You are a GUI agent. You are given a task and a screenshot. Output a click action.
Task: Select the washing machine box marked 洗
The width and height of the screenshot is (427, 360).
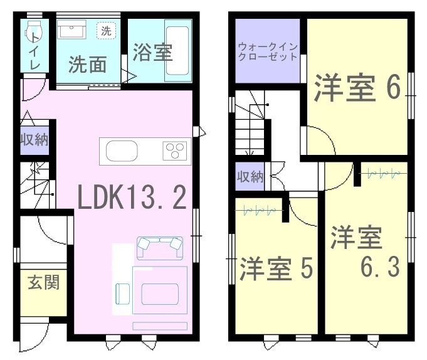[x=106, y=31]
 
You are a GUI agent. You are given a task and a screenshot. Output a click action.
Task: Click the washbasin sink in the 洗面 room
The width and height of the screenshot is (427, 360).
[x=71, y=29]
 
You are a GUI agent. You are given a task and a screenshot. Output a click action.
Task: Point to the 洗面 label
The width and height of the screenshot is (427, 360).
[x=87, y=64]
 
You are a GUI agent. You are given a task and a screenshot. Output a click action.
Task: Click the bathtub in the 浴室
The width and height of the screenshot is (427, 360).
[x=177, y=51]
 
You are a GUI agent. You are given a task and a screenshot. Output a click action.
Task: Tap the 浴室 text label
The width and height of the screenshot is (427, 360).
[x=152, y=52]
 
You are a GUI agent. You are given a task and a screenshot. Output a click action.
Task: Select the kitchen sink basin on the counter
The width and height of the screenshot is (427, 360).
[x=122, y=151]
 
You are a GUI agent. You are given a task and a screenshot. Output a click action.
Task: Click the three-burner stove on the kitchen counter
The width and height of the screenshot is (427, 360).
[x=175, y=151]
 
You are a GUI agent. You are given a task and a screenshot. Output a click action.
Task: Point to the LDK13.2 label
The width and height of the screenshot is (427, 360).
[x=132, y=197]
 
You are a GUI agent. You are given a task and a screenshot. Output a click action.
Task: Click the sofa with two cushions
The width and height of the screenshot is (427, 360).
[x=160, y=248]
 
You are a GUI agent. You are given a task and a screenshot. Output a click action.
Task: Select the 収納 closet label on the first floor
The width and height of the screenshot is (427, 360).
[x=34, y=140]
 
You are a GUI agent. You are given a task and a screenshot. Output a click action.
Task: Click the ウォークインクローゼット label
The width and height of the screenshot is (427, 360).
[x=267, y=51]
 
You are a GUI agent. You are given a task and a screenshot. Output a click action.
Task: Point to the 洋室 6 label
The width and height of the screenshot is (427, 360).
[x=357, y=87]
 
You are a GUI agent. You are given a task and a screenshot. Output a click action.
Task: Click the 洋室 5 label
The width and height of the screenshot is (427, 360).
[x=276, y=269]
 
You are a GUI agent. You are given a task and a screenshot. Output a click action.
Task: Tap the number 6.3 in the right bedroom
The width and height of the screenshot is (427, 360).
[x=380, y=267]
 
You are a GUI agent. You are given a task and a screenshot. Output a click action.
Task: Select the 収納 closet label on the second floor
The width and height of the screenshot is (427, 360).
[x=250, y=177]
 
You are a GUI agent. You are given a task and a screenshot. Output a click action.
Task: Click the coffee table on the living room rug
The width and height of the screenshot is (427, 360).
[x=160, y=294]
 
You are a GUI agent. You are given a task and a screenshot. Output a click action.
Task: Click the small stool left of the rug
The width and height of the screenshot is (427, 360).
[x=123, y=294]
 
